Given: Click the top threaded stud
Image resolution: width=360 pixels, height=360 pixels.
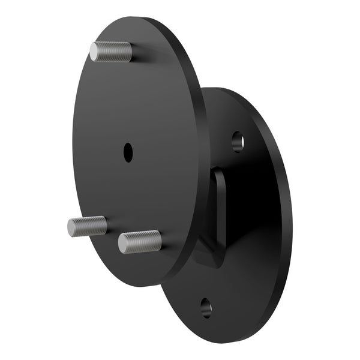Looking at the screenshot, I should [112, 52].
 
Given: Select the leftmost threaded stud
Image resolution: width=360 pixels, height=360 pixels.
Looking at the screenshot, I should [87, 226].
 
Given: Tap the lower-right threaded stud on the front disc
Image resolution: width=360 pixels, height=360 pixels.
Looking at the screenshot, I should [140, 242].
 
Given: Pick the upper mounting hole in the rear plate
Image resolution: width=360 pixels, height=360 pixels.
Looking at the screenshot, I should [238, 142].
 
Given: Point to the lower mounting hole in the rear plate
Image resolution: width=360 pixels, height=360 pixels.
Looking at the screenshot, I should [206, 308].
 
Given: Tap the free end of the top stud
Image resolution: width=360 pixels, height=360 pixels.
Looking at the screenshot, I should [95, 51].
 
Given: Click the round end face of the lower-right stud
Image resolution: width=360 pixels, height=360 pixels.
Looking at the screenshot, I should [124, 243].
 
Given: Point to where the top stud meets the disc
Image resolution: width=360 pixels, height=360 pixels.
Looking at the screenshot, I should [130, 53].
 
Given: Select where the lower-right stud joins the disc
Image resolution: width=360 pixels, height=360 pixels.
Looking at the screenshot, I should [159, 241].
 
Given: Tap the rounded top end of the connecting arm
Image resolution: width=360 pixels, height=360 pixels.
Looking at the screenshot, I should [220, 173].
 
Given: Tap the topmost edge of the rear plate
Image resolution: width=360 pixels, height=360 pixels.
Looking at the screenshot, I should [219, 88].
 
